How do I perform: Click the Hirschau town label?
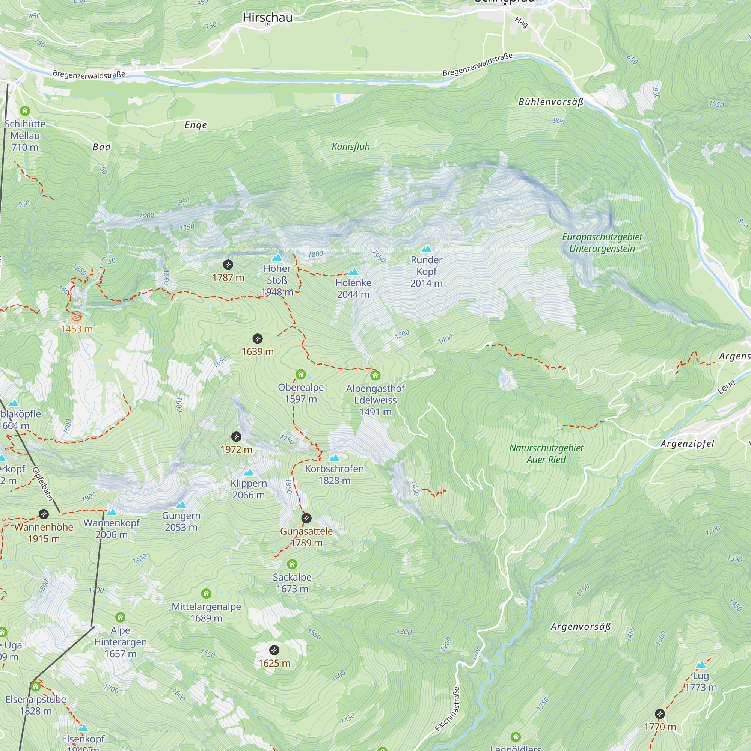coord(267,17)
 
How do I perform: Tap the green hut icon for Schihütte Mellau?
coord(25,111)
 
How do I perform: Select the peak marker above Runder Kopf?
coord(427,249)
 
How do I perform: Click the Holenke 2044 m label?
coord(353,288)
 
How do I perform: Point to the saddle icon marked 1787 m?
coord(228,265)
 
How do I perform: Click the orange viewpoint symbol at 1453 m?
coord(77,316)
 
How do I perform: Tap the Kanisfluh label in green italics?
coord(351,146)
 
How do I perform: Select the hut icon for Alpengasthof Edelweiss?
coord(375,375)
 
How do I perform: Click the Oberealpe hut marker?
coord(300,374)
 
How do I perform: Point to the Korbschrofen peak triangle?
coord(334,458)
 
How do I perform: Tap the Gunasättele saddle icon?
coord(306,518)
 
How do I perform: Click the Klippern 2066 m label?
coord(249,489)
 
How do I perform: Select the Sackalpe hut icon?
coord(292,564)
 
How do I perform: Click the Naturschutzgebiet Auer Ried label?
coord(546,454)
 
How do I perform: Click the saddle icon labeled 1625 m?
coord(274,650)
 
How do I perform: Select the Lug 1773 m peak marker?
coord(700,665)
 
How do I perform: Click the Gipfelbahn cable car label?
coord(42,484)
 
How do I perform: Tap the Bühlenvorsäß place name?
coord(551,102)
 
